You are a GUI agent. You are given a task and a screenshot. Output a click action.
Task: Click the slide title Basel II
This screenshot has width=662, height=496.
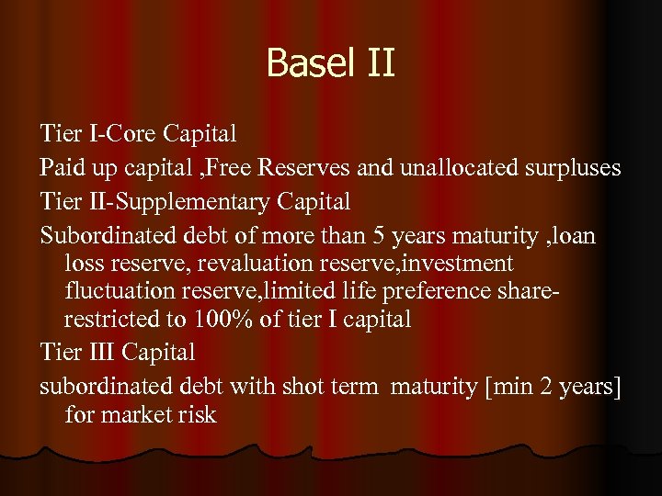[x=330, y=63]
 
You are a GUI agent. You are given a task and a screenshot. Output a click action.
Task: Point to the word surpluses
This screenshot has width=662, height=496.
[x=573, y=168]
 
